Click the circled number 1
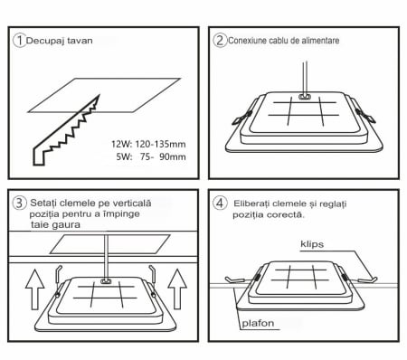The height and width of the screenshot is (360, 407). click(x=20, y=41)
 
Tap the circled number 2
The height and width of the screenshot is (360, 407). click(x=220, y=40)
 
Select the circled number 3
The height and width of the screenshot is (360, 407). click(x=19, y=203)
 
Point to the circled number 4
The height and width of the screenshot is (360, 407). click(x=220, y=203)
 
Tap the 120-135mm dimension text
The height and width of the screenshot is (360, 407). click(x=160, y=144)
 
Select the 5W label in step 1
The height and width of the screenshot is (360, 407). click(x=124, y=156)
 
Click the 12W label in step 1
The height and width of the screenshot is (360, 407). click(x=122, y=144)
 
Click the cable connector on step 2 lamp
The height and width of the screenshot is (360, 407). click(x=304, y=97)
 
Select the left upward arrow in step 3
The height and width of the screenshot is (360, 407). click(x=35, y=289)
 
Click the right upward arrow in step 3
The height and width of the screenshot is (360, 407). click(x=177, y=289)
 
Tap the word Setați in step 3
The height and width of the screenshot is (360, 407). click(x=43, y=204)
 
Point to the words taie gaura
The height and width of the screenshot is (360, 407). click(x=56, y=225)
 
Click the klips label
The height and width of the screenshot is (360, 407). click(x=312, y=244)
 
